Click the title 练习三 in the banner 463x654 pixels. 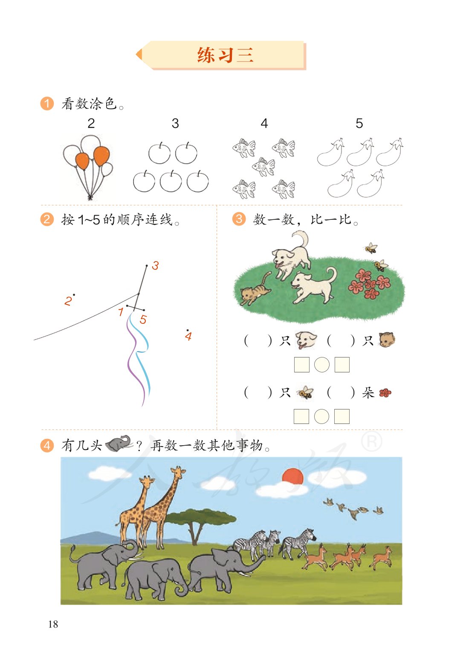(x=225, y=55)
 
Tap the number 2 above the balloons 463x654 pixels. (x=91, y=124)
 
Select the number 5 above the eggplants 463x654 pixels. (x=359, y=124)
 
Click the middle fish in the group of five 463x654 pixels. (x=263, y=167)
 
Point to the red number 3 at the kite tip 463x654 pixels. (x=155, y=266)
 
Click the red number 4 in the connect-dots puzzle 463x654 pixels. (x=188, y=337)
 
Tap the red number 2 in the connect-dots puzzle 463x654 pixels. (x=68, y=301)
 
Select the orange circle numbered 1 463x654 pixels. (x=47, y=104)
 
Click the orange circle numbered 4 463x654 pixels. (x=47, y=446)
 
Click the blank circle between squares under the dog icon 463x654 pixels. (x=322, y=365)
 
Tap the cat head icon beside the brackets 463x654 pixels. (x=387, y=340)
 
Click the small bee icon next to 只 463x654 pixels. (x=305, y=392)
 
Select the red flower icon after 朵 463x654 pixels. (x=385, y=393)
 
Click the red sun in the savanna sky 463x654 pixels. (x=293, y=476)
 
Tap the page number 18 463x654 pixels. (x=53, y=624)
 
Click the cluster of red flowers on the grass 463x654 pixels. (x=369, y=283)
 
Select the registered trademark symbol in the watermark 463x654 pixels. (x=372, y=442)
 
